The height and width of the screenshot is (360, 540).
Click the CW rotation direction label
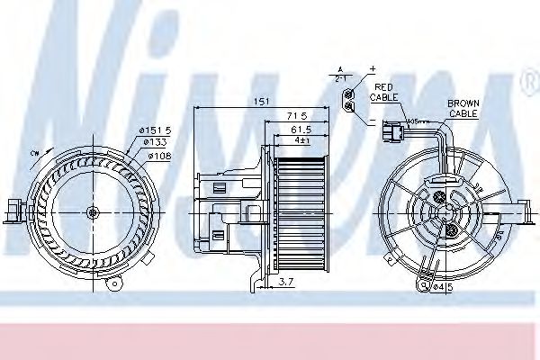click(x=34, y=153)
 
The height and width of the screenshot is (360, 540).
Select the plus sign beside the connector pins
click(x=370, y=69)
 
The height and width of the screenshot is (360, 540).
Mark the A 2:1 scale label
click(x=340, y=74)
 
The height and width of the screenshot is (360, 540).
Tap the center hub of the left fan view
click(x=94, y=212)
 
